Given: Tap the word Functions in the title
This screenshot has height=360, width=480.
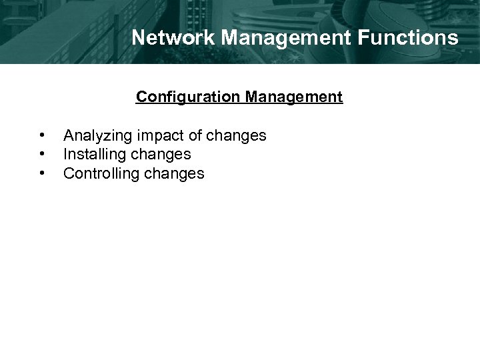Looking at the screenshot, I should tap(417, 37).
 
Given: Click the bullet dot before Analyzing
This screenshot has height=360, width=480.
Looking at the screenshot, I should tap(42, 136).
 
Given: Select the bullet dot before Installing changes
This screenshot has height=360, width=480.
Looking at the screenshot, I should tap(42, 155).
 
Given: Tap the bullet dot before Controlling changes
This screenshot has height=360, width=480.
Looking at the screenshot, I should tap(42, 174).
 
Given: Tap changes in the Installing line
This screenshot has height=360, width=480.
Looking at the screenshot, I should tap(161, 155).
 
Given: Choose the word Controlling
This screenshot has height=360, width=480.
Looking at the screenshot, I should tap(96, 174).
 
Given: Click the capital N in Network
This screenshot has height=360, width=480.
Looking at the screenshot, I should tap(138, 37).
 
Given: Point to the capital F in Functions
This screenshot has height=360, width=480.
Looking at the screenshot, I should tap(381, 37).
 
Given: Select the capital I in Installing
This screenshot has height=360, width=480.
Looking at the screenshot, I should tap(65, 155).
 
